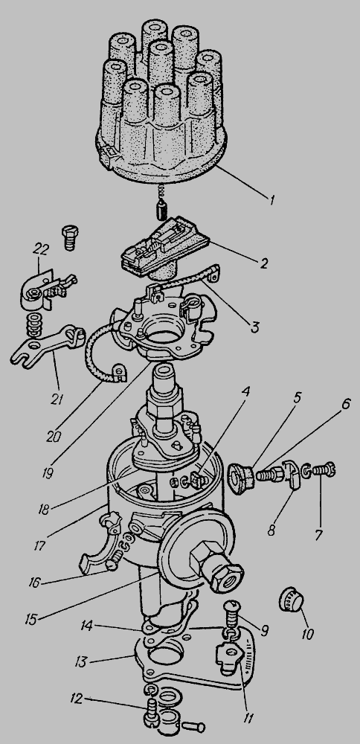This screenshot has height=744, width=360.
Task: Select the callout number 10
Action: pyautogui.click(x=308, y=634)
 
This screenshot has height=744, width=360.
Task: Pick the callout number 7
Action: pyautogui.click(x=319, y=535)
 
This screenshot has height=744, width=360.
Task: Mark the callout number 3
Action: pyautogui.click(x=256, y=328)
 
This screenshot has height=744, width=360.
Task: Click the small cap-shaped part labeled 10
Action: pyautogui.click(x=290, y=600)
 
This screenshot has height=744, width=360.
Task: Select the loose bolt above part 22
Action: pyautogui.click(x=70, y=238)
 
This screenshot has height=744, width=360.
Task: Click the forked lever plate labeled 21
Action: pyautogui.click(x=45, y=344)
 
